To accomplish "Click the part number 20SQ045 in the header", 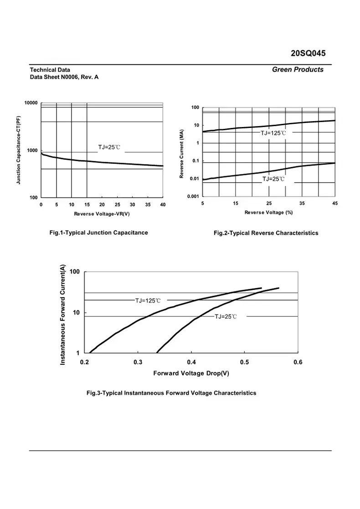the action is tap(308, 53).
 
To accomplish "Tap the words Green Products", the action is tap(298, 70).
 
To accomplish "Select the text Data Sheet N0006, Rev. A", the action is tap(64, 77).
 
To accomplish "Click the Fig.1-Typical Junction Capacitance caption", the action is tap(98, 233).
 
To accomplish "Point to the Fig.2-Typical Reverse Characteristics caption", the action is tap(266, 233).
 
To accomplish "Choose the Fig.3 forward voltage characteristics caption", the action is tap(171, 393).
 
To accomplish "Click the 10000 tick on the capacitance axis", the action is tap(31, 103).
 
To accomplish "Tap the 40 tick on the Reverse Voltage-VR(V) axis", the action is tap(163, 204).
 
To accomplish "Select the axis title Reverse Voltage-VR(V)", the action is tap(102, 214).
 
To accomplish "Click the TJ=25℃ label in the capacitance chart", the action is tap(109, 148).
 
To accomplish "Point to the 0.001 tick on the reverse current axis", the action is tap(193, 196).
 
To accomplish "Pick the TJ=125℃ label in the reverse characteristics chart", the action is tap(273, 133).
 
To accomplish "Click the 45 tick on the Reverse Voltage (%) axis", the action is tap(335, 203).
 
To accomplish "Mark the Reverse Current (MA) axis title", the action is tap(182, 153).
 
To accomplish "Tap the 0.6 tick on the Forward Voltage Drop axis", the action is tap(298, 362).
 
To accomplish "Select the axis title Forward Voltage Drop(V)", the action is tap(191, 373).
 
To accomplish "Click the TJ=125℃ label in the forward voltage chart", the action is tap(148, 300).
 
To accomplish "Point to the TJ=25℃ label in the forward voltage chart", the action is tap(226, 316).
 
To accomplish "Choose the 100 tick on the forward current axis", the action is tap(74, 272).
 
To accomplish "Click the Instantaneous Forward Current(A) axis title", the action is tap(63, 314).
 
